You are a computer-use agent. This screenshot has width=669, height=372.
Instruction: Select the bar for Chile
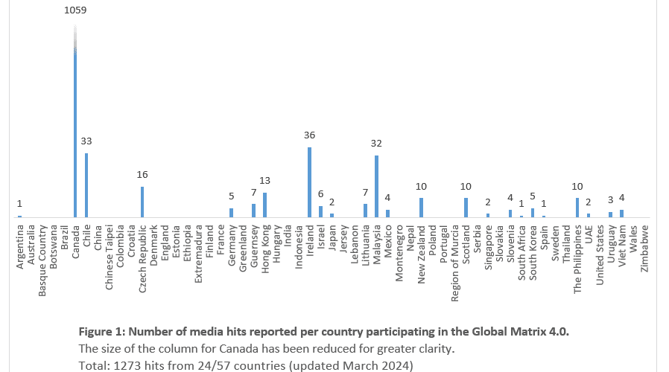click(86, 185)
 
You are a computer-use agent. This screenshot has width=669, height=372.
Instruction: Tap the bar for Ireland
click(309, 182)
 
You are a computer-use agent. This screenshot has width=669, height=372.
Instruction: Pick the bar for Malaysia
click(376, 186)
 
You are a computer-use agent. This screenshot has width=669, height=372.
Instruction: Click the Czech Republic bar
click(142, 202)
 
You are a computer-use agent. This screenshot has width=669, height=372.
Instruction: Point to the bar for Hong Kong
click(264, 205)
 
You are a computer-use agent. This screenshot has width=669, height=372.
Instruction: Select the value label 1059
click(75, 11)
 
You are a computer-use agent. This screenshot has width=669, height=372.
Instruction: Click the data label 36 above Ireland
click(309, 135)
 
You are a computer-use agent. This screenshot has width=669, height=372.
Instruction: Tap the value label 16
click(142, 174)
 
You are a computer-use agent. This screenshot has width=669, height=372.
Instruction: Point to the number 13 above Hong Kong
click(264, 180)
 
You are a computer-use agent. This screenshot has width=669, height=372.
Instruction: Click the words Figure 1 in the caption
click(102, 331)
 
